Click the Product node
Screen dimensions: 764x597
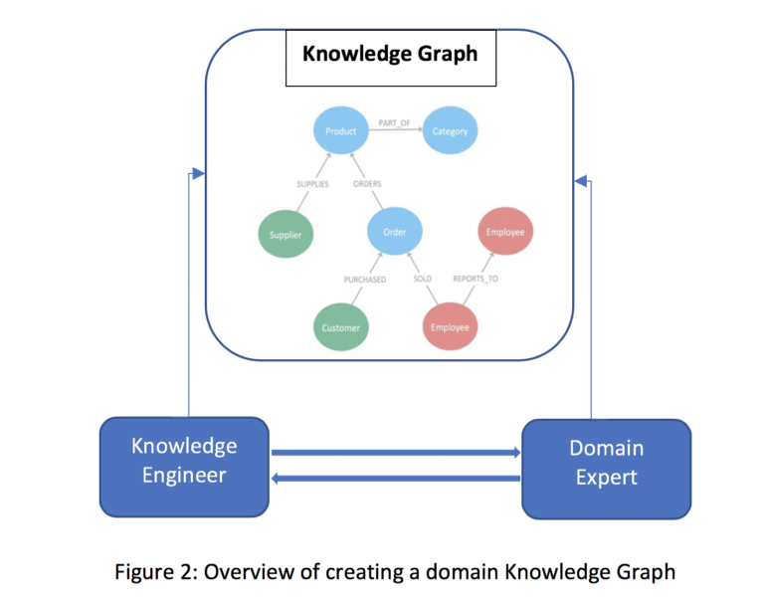[340, 130]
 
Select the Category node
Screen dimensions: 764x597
[450, 130]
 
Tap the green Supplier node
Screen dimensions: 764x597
[286, 234]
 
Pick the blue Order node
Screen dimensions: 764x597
[395, 232]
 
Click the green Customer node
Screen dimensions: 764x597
[340, 327]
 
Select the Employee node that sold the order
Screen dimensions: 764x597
[450, 326]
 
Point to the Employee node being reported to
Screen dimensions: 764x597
[505, 232]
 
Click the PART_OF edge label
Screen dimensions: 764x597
[394, 123]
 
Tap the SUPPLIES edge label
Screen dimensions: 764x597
[312, 184]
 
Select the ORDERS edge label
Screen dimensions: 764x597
[367, 184]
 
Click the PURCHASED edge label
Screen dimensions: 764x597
[365, 280]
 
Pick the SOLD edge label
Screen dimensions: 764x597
[423, 279]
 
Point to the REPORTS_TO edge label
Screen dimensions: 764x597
[476, 279]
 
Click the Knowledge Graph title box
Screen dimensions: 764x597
[391, 58]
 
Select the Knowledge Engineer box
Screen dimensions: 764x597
[184, 467]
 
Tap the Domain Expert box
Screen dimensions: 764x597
[607, 470]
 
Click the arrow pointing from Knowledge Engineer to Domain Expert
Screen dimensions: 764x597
[396, 453]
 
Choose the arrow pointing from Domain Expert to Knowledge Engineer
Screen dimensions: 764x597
[396, 479]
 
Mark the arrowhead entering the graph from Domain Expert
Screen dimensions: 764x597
[581, 181]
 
